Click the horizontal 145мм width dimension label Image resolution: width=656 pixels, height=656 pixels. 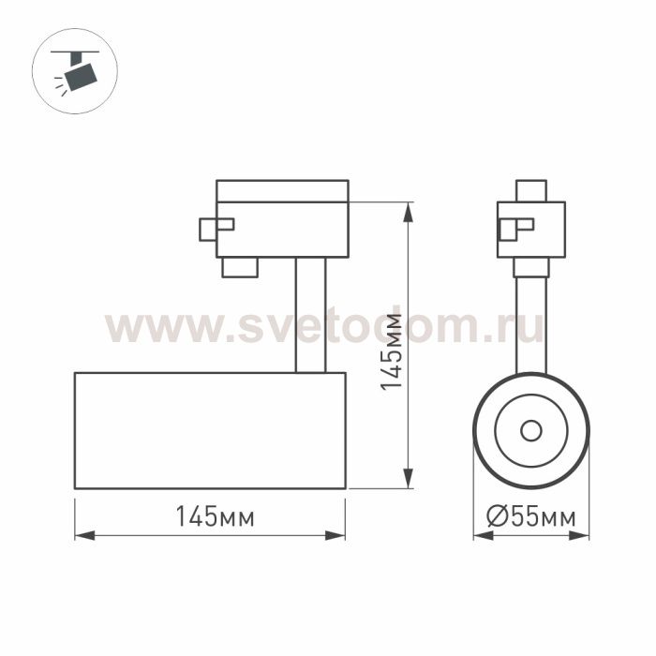coord(215,515)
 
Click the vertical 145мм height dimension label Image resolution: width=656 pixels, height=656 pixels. coord(391,351)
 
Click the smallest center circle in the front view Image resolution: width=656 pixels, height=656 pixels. coord(531,430)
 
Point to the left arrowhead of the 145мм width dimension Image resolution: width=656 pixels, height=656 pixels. coord(85,535)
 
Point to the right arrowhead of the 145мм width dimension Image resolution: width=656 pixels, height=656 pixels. coord(335,535)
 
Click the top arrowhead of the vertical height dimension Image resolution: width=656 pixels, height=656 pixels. coord(408,213)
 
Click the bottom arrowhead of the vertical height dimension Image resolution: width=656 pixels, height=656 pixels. coord(408,478)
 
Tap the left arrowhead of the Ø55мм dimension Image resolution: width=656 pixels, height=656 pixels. coord(484,535)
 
